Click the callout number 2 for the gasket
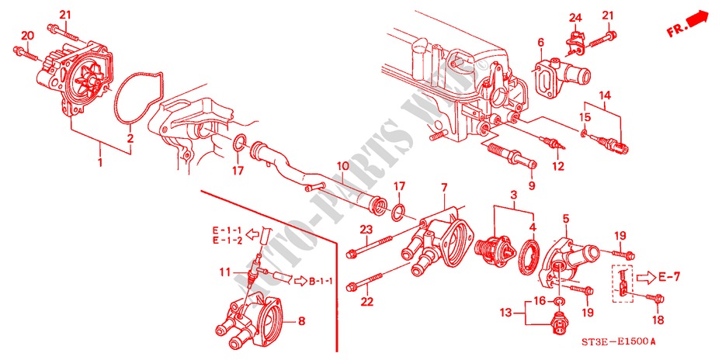[130, 137]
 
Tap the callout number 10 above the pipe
[342, 165]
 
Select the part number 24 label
[575, 18]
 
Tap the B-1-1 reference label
[319, 279]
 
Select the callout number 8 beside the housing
[302, 322]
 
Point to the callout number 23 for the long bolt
[366, 229]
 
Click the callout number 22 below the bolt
[367, 303]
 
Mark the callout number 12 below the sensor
[558, 167]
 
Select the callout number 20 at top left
[28, 36]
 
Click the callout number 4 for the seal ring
[532, 227]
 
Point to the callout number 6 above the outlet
[540, 43]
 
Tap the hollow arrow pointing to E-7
[644, 277]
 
